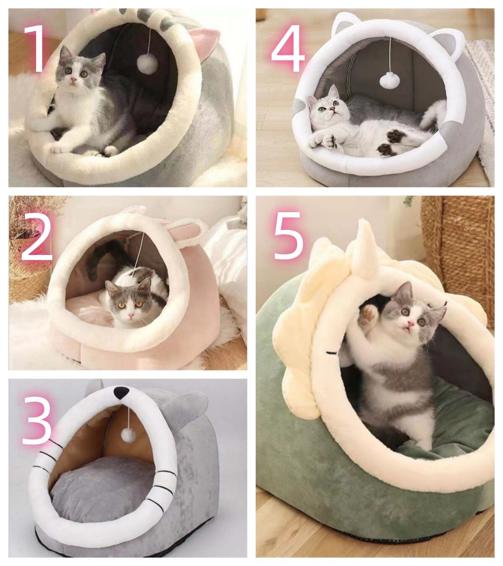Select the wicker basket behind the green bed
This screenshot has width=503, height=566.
pos(459,256)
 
